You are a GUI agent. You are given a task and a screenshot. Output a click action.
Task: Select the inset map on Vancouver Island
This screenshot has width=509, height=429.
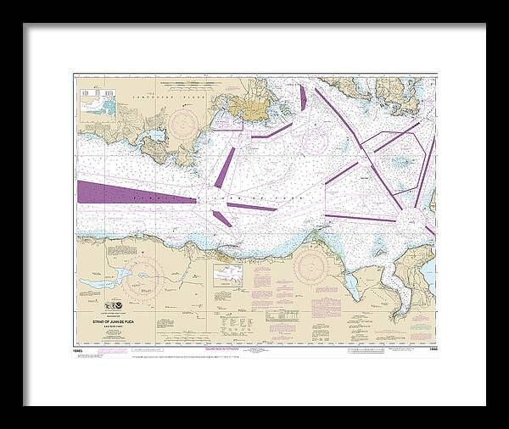coord(100,103)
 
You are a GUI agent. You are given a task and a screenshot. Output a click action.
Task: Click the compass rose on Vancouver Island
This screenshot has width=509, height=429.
coord(184,125)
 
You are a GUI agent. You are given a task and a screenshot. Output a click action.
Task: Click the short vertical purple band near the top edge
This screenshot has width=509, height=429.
coord(303,97)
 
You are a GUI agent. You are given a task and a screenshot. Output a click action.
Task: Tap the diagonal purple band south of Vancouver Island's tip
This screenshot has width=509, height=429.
coord(224,167)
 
